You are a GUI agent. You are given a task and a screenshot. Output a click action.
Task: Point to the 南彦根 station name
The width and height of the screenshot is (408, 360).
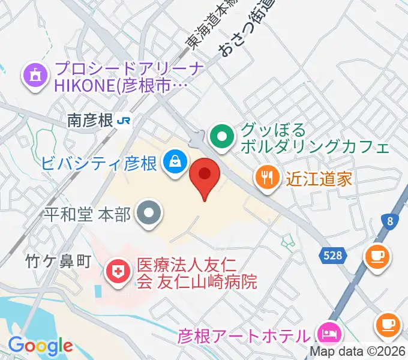[x=91, y=121]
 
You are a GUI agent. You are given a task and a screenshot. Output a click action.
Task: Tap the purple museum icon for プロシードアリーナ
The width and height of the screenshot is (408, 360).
[x=35, y=75]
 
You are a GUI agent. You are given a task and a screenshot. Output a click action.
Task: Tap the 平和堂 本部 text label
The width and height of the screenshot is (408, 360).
[x=88, y=214]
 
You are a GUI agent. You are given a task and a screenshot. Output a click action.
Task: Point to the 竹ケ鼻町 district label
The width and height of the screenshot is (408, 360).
[x=58, y=260]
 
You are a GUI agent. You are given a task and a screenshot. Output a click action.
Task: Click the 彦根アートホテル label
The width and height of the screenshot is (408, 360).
[x=245, y=335]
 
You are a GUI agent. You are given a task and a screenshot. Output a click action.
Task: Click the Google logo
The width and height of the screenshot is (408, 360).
[x=40, y=346]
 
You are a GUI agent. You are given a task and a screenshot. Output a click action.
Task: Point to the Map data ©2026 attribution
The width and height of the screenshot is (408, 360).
[x=358, y=352]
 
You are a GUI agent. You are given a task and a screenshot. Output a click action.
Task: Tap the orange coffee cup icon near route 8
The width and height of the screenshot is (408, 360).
[x=377, y=257]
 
